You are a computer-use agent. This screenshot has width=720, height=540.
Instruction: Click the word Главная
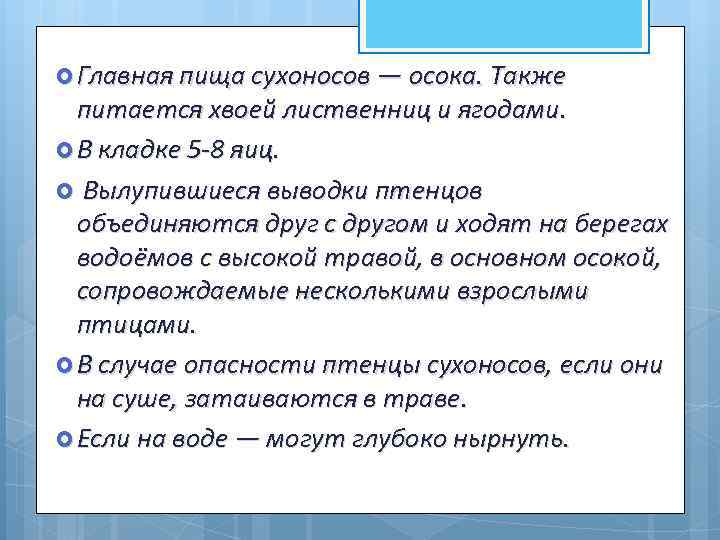click(125, 76)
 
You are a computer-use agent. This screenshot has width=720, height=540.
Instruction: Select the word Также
click(532, 76)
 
